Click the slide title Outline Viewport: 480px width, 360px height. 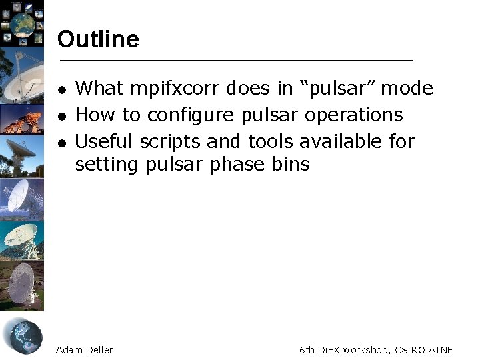98,39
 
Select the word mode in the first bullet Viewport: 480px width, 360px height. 407,89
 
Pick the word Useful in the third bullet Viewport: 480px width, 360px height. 104,141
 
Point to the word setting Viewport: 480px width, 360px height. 107,165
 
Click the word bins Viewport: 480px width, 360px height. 291,164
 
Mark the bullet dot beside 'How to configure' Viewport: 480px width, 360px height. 61,116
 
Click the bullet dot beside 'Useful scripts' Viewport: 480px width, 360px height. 61,143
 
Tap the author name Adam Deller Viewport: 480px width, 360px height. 85,350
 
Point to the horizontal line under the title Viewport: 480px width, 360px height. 236,61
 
